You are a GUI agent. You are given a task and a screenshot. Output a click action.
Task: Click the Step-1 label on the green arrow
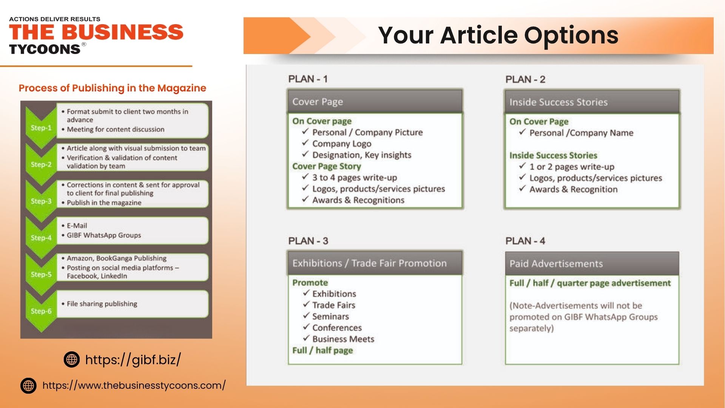pos(41,128)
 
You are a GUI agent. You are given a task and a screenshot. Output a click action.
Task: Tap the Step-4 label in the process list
pos(41,238)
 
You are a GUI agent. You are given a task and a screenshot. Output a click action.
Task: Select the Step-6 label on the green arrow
pos(41,311)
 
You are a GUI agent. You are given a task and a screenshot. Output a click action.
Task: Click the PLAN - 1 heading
pos(308,79)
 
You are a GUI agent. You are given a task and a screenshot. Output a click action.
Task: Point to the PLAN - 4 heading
pos(525,241)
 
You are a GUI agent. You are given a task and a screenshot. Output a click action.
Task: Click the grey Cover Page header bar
pos(375,102)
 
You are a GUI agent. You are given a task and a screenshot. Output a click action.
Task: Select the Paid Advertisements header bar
pos(592,264)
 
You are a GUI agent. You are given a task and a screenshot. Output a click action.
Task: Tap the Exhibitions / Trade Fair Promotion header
pos(375,263)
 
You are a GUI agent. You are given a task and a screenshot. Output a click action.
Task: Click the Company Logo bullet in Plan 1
pos(342,144)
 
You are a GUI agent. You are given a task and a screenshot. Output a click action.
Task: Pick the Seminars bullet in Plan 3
pos(330,316)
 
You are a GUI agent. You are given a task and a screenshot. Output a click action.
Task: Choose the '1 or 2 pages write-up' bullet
pos(572,167)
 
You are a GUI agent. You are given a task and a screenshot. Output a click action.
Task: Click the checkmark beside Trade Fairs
pos(306,304)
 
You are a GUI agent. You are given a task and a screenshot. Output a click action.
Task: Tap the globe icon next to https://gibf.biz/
pos(72,359)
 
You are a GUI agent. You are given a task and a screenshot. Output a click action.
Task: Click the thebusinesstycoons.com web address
pos(134,385)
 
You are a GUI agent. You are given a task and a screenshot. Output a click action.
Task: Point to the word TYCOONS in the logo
pos(45,49)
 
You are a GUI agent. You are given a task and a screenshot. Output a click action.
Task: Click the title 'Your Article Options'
pos(498,35)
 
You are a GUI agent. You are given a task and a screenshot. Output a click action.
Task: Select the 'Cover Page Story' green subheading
pos(327,166)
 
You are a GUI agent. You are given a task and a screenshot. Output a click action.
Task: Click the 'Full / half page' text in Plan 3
pos(322,350)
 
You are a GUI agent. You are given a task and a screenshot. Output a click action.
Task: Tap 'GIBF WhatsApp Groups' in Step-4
pos(104,235)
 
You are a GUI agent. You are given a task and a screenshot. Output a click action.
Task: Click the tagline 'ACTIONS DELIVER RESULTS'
pos(55,19)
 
